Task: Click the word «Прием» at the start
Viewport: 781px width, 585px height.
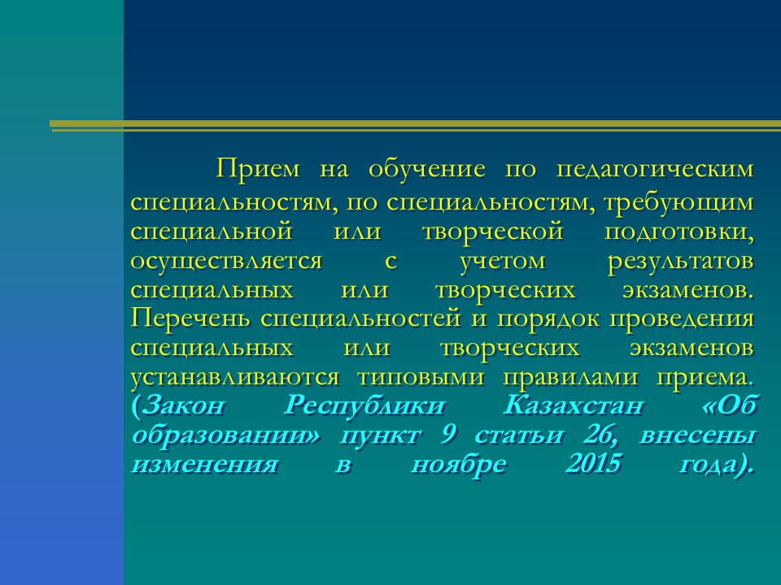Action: tap(258, 168)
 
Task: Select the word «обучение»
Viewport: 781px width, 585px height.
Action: tap(427, 168)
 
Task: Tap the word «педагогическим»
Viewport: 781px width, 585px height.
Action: tap(654, 170)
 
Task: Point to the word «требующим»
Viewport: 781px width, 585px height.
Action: tap(678, 203)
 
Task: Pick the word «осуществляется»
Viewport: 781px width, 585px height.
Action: tap(227, 262)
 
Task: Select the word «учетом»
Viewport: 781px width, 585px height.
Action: tap(502, 262)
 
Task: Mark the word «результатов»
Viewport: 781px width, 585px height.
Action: tap(680, 262)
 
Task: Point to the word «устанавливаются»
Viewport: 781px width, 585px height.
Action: tap(235, 377)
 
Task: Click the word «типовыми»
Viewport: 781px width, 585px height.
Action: tap(421, 377)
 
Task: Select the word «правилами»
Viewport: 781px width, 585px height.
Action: tap(570, 377)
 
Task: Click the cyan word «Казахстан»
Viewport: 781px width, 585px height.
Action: tap(574, 405)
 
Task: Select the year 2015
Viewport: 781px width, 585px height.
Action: tap(594, 464)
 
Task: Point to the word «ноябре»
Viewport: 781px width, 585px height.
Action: tap(459, 465)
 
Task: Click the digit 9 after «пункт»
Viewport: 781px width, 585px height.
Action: tap(447, 435)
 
